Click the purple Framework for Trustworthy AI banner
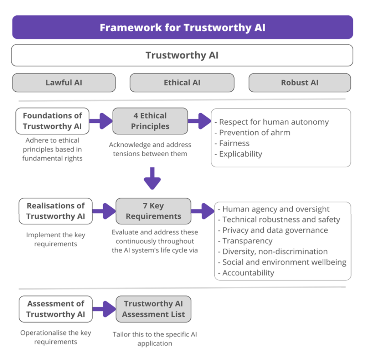182,27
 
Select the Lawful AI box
64,83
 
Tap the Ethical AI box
182,83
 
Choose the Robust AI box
299,83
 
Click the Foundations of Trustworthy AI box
52,121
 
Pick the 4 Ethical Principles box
150,121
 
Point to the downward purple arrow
152,178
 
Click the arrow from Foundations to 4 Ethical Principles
101,121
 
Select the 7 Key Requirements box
153,211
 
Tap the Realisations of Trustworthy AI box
56,211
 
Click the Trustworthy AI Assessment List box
153,309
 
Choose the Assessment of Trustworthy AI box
56,309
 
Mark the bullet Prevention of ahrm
252,133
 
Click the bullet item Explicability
238,154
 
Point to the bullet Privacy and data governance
273,230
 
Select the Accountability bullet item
246,273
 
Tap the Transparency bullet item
245,241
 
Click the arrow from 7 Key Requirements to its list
203,211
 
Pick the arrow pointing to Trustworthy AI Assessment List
104,309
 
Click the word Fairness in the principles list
234,143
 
